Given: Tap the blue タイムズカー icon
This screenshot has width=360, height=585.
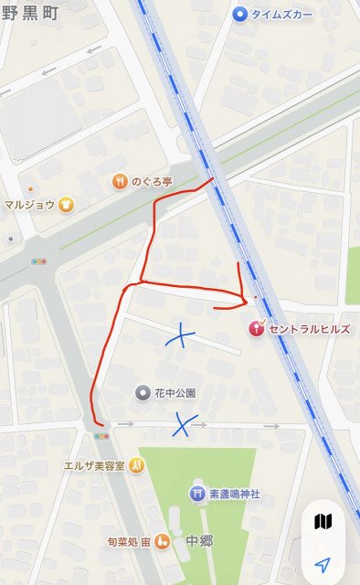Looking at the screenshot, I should tap(240, 14).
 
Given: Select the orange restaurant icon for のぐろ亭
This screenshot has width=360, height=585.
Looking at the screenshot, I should tap(119, 181).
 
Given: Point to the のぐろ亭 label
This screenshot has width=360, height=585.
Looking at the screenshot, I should tap(153, 181).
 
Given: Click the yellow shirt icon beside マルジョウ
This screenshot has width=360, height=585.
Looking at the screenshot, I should tap(66, 205).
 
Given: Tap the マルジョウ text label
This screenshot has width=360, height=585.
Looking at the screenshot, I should tap(29, 205).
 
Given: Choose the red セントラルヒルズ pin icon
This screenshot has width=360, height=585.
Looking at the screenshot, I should tap(257, 328).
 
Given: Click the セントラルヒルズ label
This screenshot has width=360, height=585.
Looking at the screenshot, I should tap(309, 328).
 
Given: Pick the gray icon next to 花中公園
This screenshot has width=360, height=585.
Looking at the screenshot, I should tap(143, 393).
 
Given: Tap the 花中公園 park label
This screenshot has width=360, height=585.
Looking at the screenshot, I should tap(175, 393).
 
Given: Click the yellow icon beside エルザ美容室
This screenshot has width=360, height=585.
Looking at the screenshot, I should tap(136, 464).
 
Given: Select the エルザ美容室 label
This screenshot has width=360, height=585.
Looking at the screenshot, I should tap(93, 465).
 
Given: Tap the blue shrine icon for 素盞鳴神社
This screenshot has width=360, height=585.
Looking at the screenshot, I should tap(196, 494).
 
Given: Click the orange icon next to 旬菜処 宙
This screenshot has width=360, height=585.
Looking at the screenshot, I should tap(162, 541).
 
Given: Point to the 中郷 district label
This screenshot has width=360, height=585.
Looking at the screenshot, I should tap(198, 541).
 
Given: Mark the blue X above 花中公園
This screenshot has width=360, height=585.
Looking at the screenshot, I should tap(181, 336).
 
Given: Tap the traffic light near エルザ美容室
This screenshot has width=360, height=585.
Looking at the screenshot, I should tap(101, 436).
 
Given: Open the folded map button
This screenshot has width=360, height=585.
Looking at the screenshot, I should tap(323, 522).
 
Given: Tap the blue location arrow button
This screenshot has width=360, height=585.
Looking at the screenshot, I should tap(323, 564).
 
